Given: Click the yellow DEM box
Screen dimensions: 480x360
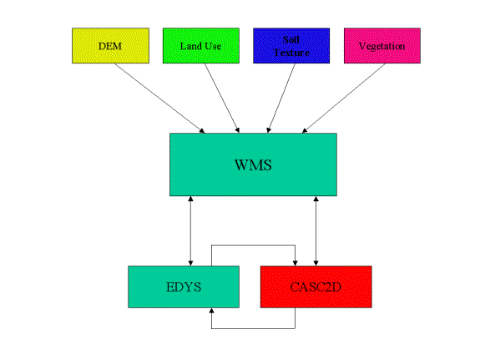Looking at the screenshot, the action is pyautogui.click(x=110, y=46).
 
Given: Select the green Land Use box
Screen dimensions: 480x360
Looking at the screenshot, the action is pyautogui.click(x=201, y=46).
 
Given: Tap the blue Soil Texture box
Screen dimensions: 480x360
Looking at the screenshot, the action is pyautogui.click(x=291, y=46).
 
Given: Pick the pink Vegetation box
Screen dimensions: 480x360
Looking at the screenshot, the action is pyautogui.click(x=382, y=46).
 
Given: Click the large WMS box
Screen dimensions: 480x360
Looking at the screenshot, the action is pyautogui.click(x=253, y=165).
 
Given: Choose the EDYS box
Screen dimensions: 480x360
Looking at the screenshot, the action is pyautogui.click(x=184, y=286).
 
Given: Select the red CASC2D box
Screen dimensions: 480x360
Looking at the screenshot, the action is pyautogui.click(x=316, y=286).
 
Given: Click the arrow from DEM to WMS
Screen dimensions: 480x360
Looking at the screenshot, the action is pyautogui.click(x=159, y=99).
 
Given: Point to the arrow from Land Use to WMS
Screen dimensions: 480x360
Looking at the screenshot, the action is pyautogui.click(x=222, y=99).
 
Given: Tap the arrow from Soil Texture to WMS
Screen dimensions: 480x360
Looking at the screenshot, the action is pyautogui.click(x=281, y=99).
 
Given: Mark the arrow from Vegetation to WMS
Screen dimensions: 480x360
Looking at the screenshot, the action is pyautogui.click(x=343, y=99).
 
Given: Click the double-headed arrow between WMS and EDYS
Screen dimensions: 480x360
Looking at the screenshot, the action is pyautogui.click(x=190, y=231).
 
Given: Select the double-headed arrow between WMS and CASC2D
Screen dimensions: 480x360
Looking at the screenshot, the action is pyautogui.click(x=316, y=231).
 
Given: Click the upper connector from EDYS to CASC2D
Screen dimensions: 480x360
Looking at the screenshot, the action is pyautogui.click(x=253, y=245).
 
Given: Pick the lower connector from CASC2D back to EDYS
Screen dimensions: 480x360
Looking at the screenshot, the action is pyautogui.click(x=253, y=328).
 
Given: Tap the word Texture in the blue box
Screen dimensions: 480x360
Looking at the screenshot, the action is pyautogui.click(x=291, y=53).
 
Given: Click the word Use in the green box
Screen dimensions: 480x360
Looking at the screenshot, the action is pyautogui.click(x=213, y=46).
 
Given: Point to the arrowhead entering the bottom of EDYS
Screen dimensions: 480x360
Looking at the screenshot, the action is pyautogui.click(x=211, y=311).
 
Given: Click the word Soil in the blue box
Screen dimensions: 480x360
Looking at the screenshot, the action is pyautogui.click(x=291, y=39).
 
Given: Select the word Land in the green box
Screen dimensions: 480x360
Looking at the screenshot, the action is pyautogui.click(x=191, y=46).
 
